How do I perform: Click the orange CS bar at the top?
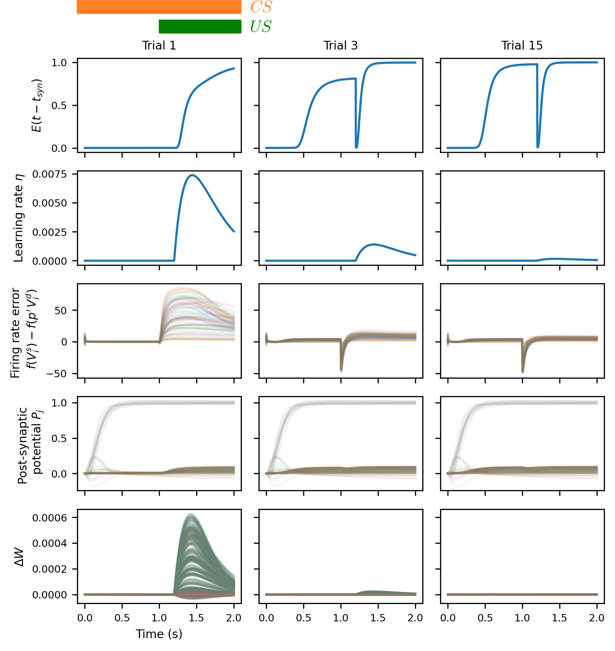[x=159, y=7]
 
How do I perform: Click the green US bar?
[x=200, y=26]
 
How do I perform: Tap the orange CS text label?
[x=261, y=7]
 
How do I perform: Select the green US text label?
[x=261, y=27]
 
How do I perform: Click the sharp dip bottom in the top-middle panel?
[x=356, y=147]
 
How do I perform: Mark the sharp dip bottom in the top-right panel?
[x=538, y=147]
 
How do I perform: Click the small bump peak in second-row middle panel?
[x=373, y=244]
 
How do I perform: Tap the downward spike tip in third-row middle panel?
[x=341, y=371]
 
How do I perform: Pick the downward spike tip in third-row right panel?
[x=523, y=373]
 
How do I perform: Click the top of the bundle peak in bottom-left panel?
[x=191, y=513]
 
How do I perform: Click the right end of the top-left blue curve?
[x=234, y=68]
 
